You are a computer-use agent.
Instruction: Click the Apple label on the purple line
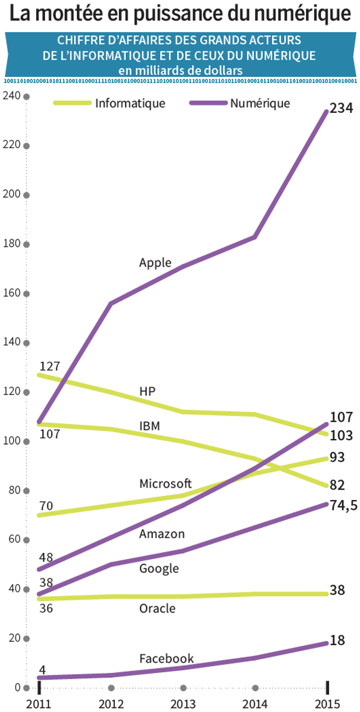pos(155,263)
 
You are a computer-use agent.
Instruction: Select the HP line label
pos(147,391)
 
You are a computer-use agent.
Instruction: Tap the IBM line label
pos(150,426)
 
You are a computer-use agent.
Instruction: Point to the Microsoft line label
pos(165,483)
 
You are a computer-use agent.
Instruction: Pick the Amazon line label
pos(162,534)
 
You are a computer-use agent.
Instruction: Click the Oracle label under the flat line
pos(157,608)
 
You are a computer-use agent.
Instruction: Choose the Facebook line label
pos(166,659)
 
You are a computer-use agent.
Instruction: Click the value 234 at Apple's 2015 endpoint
pos(342,108)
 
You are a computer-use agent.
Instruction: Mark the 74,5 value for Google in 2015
pos(344,506)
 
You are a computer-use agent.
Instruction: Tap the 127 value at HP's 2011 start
pos(49,365)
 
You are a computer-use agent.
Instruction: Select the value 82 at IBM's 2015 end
pos(337,484)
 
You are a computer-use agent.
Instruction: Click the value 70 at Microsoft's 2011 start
pos(46,506)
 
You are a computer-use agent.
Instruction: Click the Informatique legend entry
pos(130,103)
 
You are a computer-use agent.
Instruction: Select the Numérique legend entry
pos(260,103)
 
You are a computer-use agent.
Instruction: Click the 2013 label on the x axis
pos(183,704)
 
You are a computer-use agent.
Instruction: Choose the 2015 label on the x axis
pos(327,704)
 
